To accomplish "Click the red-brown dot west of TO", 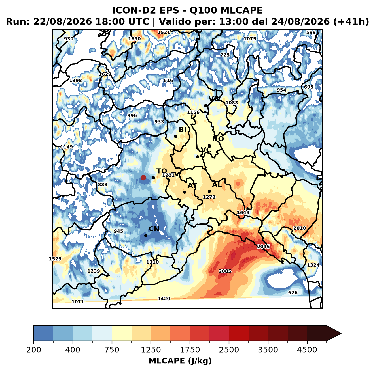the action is click(x=143, y=178).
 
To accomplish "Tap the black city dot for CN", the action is click(x=146, y=236).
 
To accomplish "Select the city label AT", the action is click(x=192, y=185).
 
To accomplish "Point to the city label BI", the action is click(x=182, y=130).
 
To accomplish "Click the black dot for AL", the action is click(x=209, y=191).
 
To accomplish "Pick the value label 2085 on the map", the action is click(x=225, y=271).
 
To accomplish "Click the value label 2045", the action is click(x=263, y=247).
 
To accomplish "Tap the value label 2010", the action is click(x=300, y=228).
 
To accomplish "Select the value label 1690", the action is click(x=134, y=39).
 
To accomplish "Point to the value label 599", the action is click(x=311, y=33).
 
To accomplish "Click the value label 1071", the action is click(x=78, y=302).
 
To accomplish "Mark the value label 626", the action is click(x=293, y=293).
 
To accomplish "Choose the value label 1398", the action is click(x=75, y=80).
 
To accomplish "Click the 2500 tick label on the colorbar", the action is click(x=229, y=350).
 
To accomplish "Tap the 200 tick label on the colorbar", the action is click(x=34, y=350).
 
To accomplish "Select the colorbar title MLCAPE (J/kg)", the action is click(x=180, y=361).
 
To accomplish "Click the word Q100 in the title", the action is click(x=203, y=10).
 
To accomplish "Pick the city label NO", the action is click(x=218, y=139).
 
